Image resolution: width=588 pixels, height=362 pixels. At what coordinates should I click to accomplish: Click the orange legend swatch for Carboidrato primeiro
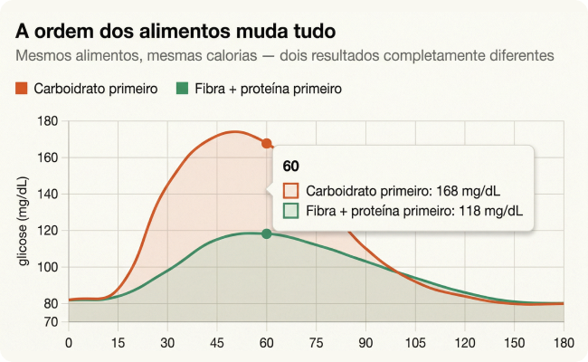pyautogui.click(x=22, y=89)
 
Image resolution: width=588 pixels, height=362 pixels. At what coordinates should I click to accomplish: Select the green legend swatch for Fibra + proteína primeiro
pyautogui.click(x=182, y=89)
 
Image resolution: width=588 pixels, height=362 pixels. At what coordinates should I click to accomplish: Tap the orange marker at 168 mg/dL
pyautogui.click(x=267, y=143)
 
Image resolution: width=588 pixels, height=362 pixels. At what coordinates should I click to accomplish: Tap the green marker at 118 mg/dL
pyautogui.click(x=267, y=233)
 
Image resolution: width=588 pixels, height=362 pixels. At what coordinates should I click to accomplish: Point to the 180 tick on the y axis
pyautogui.click(x=49, y=121)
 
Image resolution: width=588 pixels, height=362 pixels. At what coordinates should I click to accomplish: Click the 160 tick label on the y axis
pyautogui.click(x=49, y=157)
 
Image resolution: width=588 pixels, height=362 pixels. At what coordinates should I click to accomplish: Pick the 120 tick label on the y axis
pyautogui.click(x=49, y=231)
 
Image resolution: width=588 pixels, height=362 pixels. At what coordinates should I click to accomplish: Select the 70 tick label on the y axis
pyautogui.click(x=52, y=322)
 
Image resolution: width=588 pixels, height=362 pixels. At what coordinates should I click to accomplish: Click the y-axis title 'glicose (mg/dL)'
pyautogui.click(x=25, y=222)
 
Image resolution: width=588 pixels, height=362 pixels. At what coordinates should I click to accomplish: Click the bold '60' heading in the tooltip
pyautogui.click(x=291, y=167)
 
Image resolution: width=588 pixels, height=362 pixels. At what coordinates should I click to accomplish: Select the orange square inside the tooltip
pyautogui.click(x=291, y=192)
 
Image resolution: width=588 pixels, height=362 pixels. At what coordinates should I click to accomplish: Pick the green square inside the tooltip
pyautogui.click(x=291, y=212)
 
